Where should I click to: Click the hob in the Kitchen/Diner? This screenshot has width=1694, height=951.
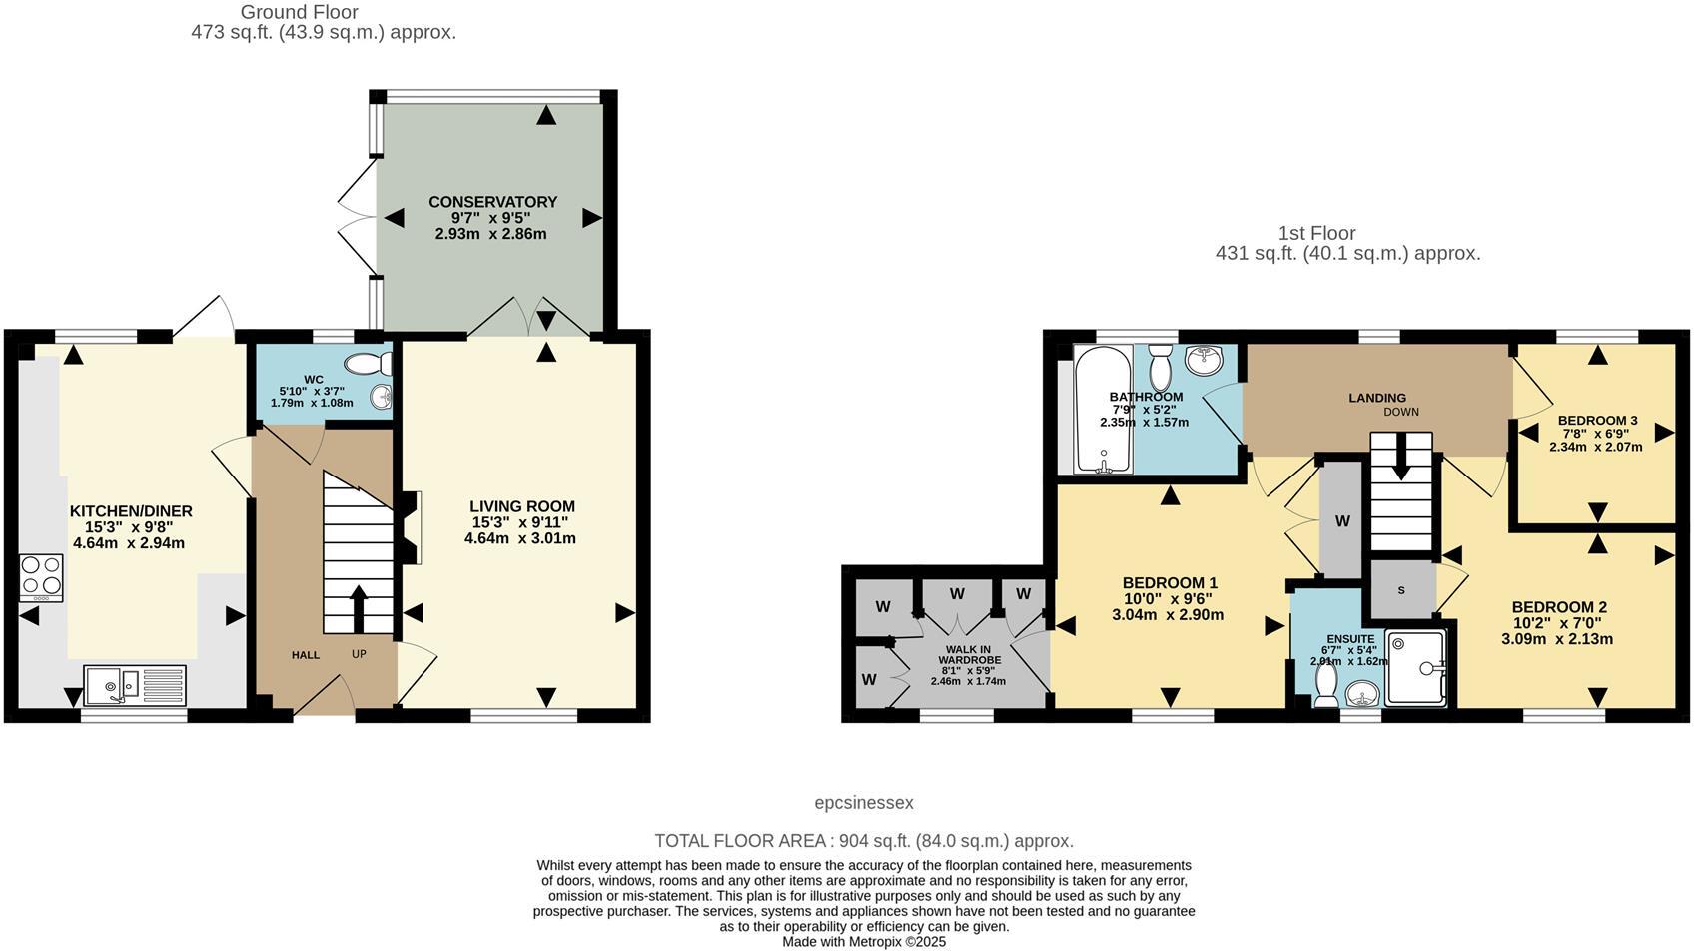point(42,577)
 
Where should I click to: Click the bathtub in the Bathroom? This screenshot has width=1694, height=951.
point(1103,409)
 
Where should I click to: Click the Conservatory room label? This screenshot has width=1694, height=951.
point(492,202)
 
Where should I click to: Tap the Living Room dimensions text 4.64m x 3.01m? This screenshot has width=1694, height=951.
point(519,538)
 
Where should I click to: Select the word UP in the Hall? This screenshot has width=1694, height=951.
point(359,655)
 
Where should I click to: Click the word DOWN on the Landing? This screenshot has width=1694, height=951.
point(1400,412)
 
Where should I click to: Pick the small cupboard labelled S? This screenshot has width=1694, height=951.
point(1400,590)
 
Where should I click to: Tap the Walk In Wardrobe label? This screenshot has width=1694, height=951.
point(967,654)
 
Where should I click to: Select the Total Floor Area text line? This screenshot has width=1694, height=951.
point(863,841)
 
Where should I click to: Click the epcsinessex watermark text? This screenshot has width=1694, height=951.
point(863,803)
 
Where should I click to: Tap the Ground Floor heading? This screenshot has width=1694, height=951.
point(299,12)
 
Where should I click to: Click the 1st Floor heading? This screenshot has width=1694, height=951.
point(1316,233)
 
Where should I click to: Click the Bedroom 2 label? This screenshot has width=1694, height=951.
point(1558,607)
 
